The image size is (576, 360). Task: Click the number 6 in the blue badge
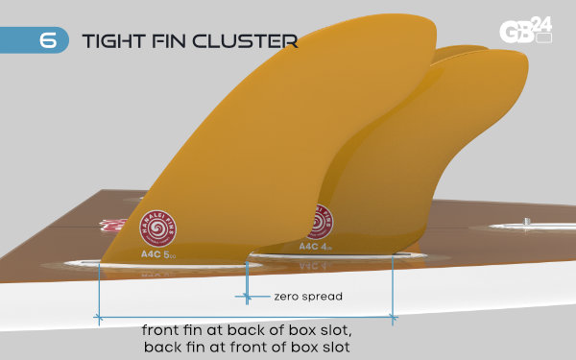[x=47, y=40]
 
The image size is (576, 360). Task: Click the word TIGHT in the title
[x=110, y=40]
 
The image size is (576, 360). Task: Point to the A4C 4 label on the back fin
[x=314, y=246]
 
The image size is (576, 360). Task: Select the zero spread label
[x=307, y=296]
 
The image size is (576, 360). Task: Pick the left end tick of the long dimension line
[x=98, y=316]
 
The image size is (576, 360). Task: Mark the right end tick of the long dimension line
[x=394, y=316]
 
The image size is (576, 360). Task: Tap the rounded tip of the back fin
[x=451, y=53]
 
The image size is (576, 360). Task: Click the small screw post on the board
[x=527, y=223]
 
